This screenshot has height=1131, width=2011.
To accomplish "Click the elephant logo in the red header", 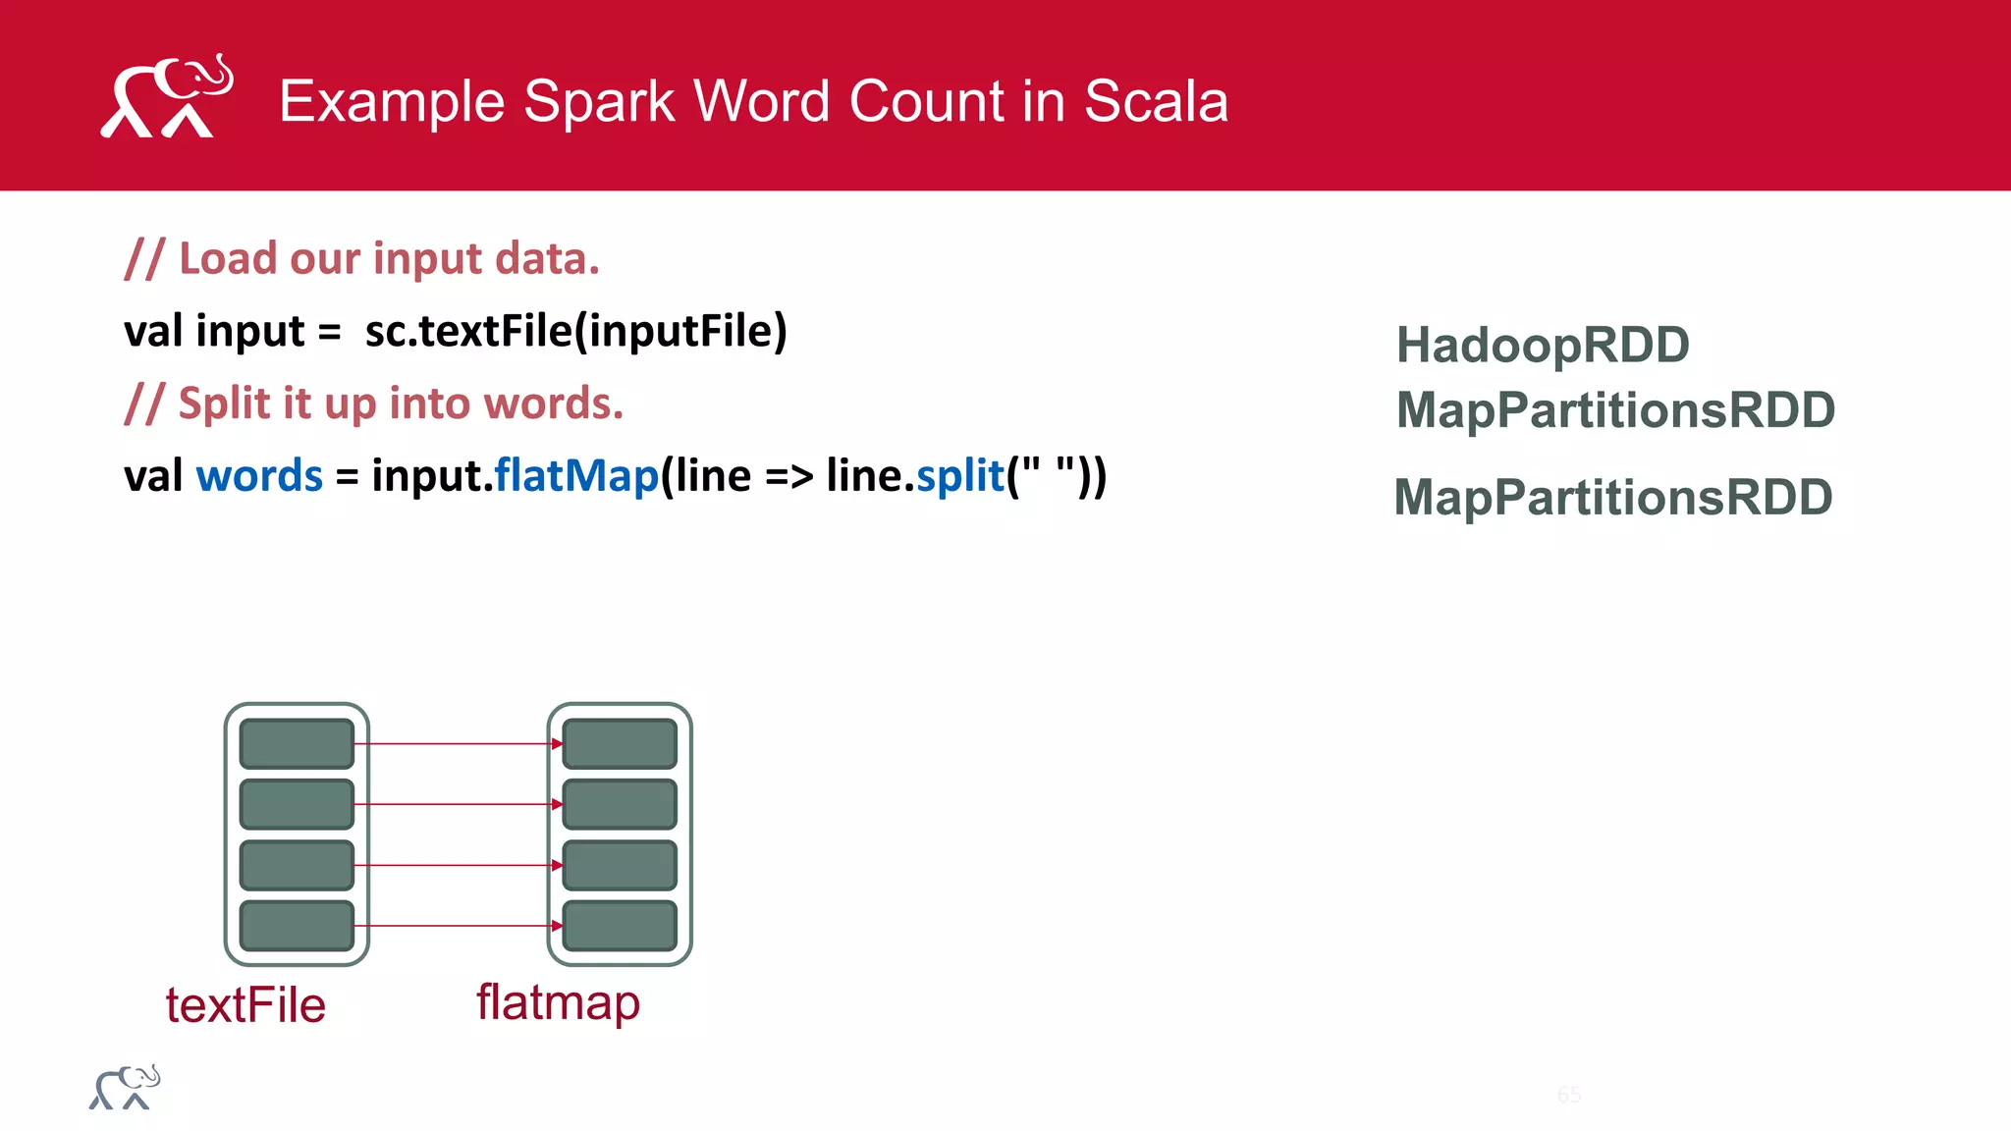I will tap(167, 96).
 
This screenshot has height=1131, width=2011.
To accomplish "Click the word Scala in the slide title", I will tap(1156, 101).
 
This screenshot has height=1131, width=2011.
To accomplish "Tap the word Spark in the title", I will tap(599, 101).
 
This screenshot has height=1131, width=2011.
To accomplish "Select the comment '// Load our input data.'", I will tap(361, 259).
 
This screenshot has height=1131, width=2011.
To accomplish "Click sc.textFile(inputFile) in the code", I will tap(575, 331).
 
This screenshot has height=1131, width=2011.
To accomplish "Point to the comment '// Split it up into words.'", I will tap(374, 404).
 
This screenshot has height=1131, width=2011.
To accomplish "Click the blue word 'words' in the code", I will tap(259, 476).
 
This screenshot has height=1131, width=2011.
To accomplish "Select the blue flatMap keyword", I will tap(576, 476).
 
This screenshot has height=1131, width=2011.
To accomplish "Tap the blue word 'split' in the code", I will tap(959, 476).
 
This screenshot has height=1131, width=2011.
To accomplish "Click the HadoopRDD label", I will tap(1543, 346).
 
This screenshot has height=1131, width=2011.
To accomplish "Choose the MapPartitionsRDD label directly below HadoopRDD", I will tap(1615, 410).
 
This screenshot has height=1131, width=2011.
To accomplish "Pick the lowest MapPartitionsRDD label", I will tap(1613, 498).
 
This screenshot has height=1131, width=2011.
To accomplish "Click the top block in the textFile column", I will tap(297, 743).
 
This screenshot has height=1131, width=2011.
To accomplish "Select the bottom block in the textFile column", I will tap(297, 926).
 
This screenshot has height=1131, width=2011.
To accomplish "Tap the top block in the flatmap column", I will tap(620, 743).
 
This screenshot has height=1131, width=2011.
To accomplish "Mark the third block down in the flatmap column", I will tap(620, 865).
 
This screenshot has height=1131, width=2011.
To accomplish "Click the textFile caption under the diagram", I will tap(245, 1005).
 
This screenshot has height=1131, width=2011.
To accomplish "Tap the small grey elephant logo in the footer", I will tap(125, 1088).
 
